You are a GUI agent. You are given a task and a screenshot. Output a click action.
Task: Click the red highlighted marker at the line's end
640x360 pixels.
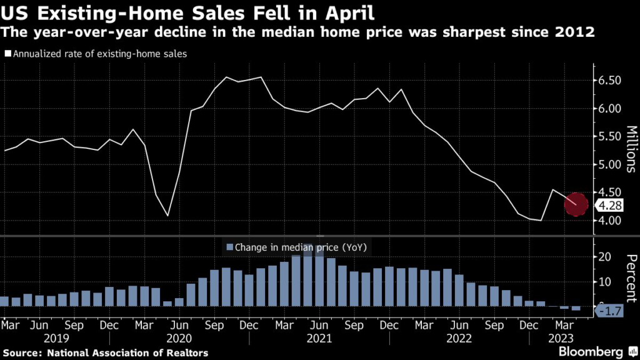coord(576,204)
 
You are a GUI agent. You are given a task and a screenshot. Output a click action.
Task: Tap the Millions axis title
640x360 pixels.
coord(630,151)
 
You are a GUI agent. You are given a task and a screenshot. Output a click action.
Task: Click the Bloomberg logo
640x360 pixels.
coord(591,351)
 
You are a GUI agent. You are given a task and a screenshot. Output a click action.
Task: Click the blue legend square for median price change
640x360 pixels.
coord(229,247)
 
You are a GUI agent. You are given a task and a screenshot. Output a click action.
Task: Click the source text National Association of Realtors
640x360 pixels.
coord(126,353)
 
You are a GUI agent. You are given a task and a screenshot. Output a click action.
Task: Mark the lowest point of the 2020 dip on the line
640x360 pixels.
coord(167,216)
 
